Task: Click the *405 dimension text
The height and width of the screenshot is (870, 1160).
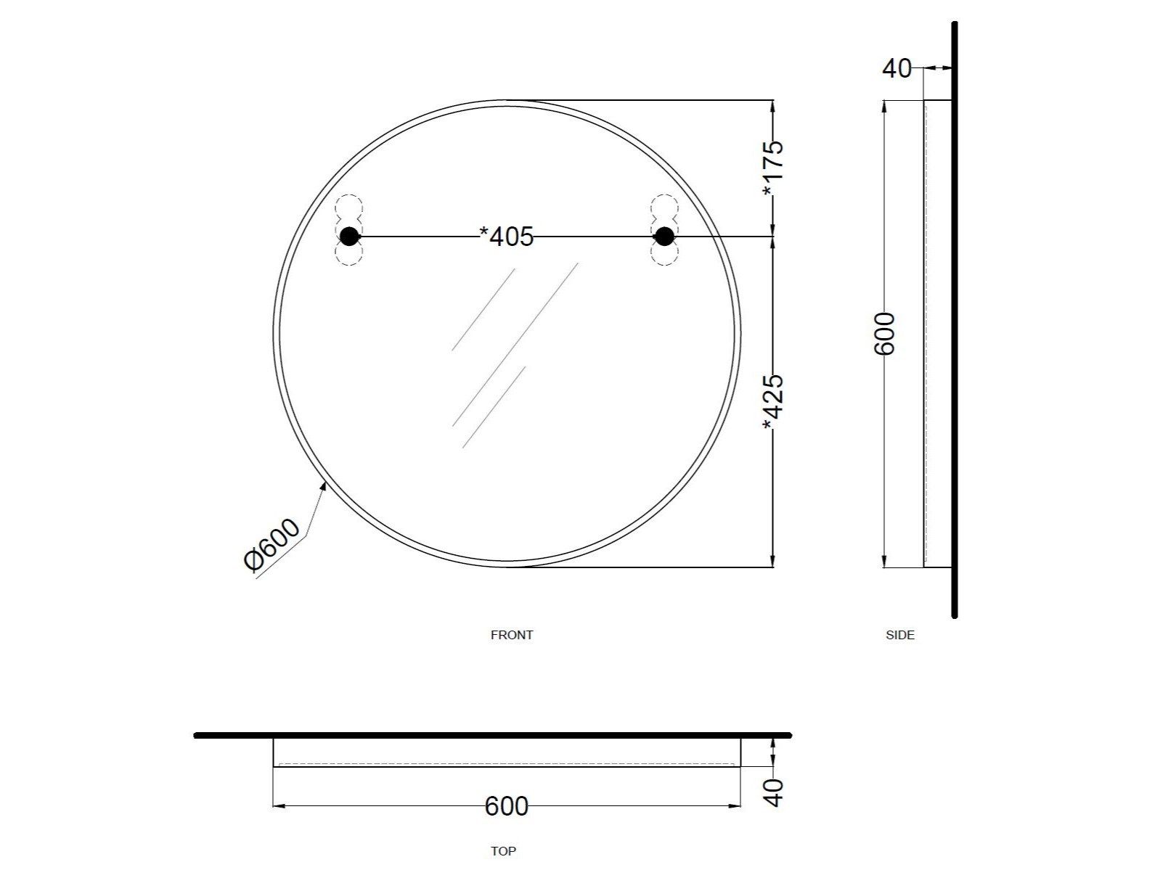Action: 507,237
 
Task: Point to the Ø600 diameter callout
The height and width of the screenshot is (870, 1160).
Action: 272,546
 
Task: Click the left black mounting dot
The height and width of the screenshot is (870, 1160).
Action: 349,236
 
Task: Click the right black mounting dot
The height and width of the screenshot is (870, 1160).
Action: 664,236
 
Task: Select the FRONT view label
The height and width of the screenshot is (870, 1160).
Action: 512,635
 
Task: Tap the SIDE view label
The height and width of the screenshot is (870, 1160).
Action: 900,635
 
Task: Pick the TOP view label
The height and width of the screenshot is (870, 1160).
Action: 503,851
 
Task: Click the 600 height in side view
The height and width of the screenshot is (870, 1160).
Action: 885,334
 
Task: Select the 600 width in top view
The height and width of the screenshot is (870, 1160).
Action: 506,806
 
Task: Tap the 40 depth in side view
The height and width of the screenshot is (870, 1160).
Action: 896,69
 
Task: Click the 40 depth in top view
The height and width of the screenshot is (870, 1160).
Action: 775,792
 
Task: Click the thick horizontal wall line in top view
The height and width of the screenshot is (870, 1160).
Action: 494,735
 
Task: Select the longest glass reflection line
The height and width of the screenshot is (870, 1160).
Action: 515,344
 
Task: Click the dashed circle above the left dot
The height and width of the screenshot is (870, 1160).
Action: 349,206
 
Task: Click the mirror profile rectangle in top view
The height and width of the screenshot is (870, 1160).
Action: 506,752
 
